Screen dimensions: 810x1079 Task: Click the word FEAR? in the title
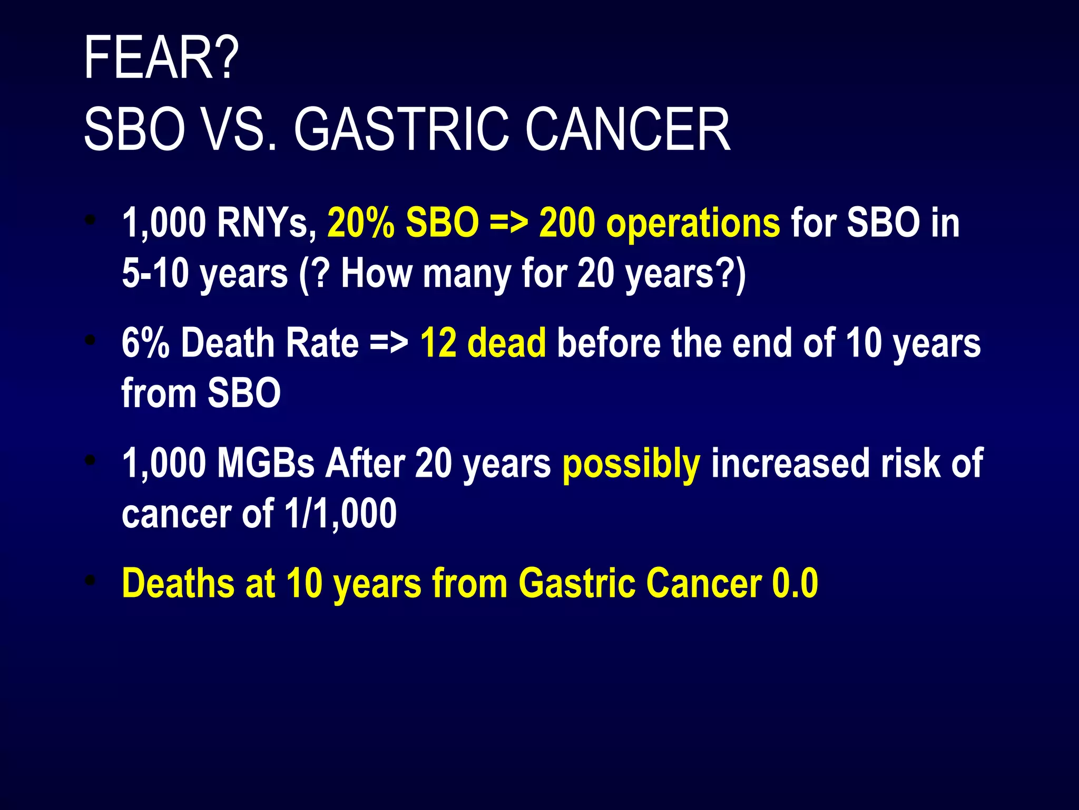[x=161, y=58]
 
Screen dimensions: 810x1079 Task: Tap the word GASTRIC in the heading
[x=401, y=130]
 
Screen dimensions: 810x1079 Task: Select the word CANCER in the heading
[x=627, y=130]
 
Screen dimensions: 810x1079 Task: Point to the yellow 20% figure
[x=361, y=223]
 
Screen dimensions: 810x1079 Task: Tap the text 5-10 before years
[x=155, y=274]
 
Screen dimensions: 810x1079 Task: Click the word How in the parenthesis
[x=376, y=274]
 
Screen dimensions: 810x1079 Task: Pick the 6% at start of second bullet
[x=145, y=343]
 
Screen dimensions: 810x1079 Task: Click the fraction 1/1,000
[x=340, y=514]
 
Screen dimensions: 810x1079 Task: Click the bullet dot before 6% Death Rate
[x=91, y=341]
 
